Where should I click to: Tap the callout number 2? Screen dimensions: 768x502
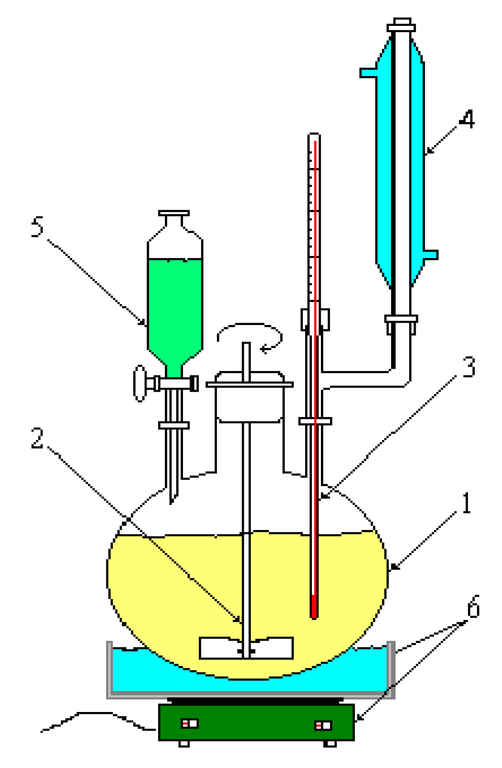point(37,438)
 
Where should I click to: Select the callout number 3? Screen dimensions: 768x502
point(468,367)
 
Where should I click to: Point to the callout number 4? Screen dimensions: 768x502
point(467,119)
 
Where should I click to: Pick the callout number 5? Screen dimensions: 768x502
point(37,226)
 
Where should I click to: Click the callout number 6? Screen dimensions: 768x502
point(473,607)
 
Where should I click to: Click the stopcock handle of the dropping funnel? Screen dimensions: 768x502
point(140,383)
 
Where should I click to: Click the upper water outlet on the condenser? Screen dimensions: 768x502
point(368,73)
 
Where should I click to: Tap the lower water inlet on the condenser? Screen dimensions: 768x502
point(430,254)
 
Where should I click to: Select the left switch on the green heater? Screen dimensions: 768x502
point(189,723)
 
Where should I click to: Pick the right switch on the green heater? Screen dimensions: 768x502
point(323,726)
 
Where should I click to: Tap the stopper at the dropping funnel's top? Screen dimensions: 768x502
point(174,214)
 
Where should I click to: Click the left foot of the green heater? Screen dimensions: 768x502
point(184,744)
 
